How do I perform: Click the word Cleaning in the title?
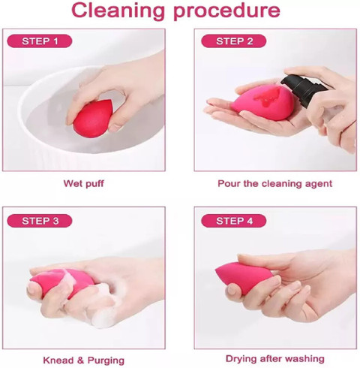(x=118, y=11)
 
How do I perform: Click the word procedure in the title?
(x=226, y=11)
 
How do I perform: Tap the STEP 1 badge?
(x=40, y=41)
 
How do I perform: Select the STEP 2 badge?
(x=234, y=41)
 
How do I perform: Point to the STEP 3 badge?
(x=40, y=221)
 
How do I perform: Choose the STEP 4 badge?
(x=234, y=221)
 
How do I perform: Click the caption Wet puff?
(x=83, y=184)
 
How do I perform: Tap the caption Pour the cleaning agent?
(x=274, y=184)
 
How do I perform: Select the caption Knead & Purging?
(x=83, y=360)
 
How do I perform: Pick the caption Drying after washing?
(x=275, y=359)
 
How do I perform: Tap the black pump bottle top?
(x=303, y=89)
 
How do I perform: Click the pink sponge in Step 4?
(x=244, y=278)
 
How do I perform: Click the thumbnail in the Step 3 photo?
(x=33, y=288)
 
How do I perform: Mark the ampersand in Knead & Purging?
(x=80, y=360)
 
